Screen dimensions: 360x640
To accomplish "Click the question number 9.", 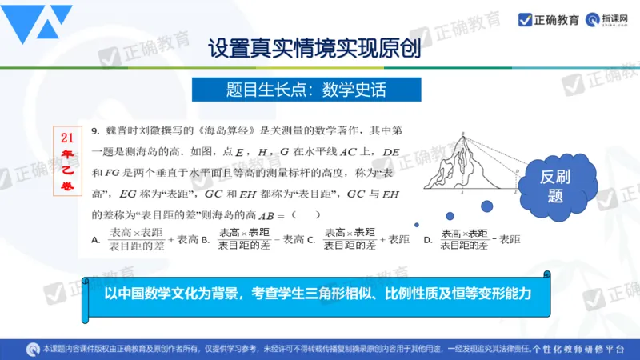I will tap(94, 130).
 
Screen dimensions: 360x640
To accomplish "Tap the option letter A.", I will tap(95, 239).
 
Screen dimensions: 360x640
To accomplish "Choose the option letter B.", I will tap(205, 239).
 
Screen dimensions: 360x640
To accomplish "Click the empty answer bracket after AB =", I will tap(306, 214).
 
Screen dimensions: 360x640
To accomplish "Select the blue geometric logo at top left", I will tap(37, 24).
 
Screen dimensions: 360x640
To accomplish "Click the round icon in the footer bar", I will tap(34, 350).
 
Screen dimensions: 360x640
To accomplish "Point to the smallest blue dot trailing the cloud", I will tap(415, 225).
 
